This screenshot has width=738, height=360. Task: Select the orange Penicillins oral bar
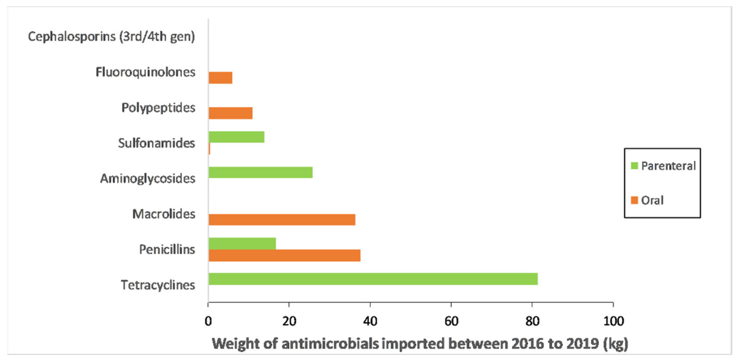(x=285, y=255)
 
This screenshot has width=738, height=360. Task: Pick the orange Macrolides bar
(x=282, y=220)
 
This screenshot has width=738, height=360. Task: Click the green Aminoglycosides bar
(x=260, y=172)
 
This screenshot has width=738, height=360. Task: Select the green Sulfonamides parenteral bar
(x=236, y=137)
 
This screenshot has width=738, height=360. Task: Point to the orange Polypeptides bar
(x=230, y=113)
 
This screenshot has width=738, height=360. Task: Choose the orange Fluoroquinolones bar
(x=220, y=78)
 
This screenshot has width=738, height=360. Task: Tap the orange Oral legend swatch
(x=634, y=200)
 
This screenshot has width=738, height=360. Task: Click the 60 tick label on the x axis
(x=451, y=321)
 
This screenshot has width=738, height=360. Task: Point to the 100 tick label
(x=613, y=321)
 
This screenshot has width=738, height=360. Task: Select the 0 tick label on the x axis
(x=208, y=321)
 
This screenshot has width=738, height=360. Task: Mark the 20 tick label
(x=289, y=321)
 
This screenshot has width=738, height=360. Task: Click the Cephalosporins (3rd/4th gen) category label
(x=111, y=37)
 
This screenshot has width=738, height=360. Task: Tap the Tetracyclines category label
(x=158, y=285)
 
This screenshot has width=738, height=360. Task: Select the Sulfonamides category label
(x=156, y=143)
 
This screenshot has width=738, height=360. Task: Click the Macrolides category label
(x=164, y=214)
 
